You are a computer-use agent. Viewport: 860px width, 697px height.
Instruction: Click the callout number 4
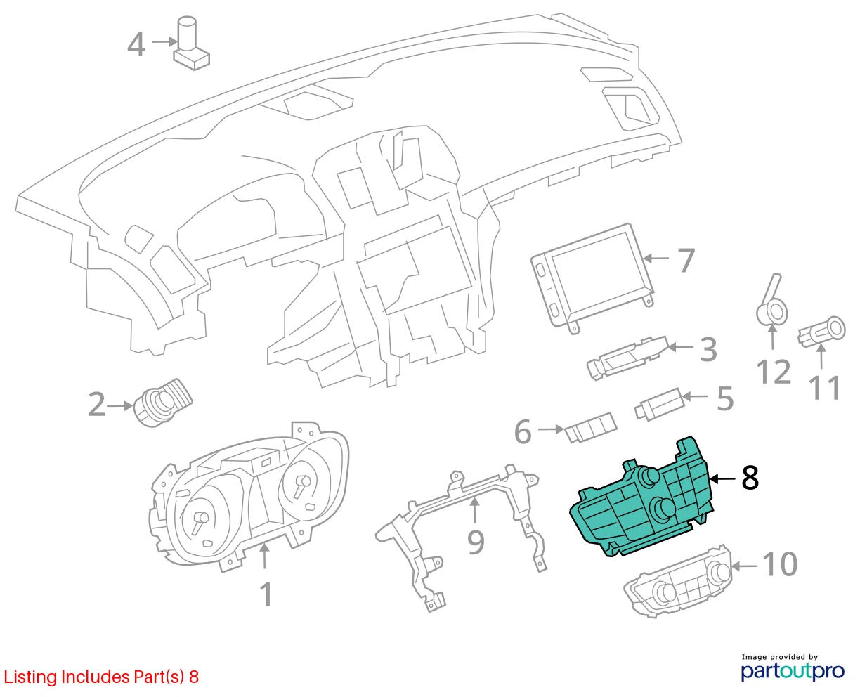click(x=136, y=44)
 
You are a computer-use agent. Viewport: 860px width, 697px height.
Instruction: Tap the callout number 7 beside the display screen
click(x=686, y=261)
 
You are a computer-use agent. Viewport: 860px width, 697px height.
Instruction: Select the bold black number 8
click(x=750, y=478)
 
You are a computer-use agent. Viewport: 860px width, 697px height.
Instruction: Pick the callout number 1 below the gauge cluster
click(x=266, y=594)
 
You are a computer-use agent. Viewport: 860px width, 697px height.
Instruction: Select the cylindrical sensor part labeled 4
click(x=191, y=43)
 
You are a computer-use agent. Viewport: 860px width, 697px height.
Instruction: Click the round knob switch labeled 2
click(x=163, y=403)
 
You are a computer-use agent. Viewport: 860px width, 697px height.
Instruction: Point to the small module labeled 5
click(x=659, y=404)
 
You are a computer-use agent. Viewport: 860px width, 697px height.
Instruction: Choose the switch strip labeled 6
click(x=591, y=427)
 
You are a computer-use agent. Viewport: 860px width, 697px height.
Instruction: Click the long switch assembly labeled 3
click(x=628, y=358)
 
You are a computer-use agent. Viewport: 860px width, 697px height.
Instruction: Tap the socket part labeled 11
click(x=821, y=332)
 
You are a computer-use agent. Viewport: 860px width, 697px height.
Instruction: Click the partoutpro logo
click(x=792, y=672)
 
